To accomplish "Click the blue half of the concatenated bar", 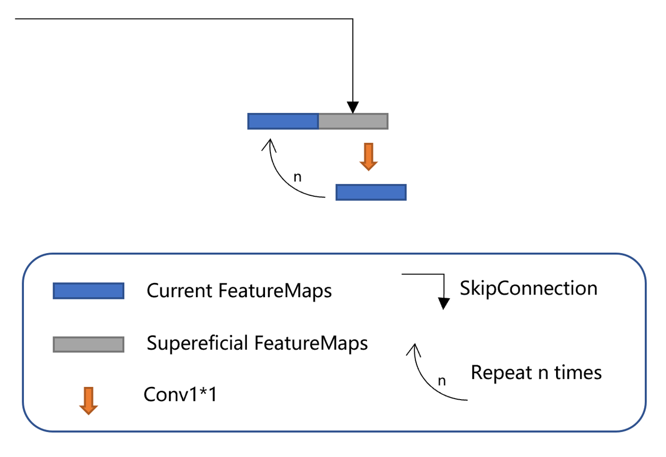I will [x=283, y=121].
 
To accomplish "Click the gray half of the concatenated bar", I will [x=353, y=121].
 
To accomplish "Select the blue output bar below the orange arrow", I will [x=371, y=192].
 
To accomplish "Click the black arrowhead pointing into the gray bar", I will [x=353, y=108].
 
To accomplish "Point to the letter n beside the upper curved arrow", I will [x=297, y=177].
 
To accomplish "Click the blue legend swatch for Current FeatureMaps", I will [x=88, y=291].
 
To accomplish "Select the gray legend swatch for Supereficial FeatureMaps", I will [x=88, y=344].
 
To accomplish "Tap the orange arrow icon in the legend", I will [x=88, y=400].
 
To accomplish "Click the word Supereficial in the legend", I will [x=198, y=343].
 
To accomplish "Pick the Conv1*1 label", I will [x=180, y=395].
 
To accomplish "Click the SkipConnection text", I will [x=528, y=288].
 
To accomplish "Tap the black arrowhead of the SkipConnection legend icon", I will [x=443, y=304].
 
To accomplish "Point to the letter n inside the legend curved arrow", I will [x=441, y=381].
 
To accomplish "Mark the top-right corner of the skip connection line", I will [x=353, y=19].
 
